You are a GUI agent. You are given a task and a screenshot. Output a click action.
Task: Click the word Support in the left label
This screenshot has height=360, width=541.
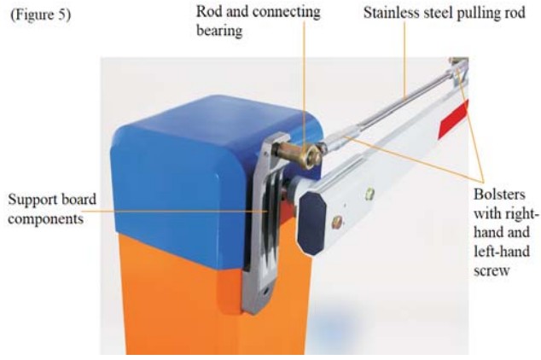[x=32, y=200]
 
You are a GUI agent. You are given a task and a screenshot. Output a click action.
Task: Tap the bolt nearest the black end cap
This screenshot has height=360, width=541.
[x=339, y=223]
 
